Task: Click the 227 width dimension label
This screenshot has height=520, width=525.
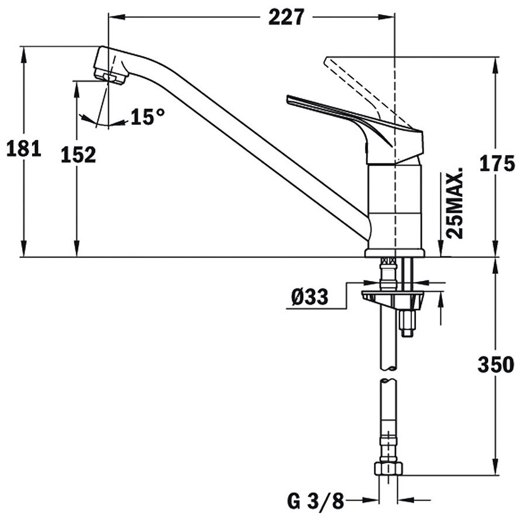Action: pyautogui.click(x=286, y=17)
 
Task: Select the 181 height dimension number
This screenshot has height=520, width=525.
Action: pyautogui.click(x=23, y=149)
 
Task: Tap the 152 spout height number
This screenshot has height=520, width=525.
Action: pyautogui.click(x=78, y=155)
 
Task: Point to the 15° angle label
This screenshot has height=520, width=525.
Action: pyautogui.click(x=146, y=117)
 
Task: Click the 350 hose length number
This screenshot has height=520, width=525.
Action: pyautogui.click(x=496, y=366)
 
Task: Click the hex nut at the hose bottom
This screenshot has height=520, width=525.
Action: pyautogui.click(x=388, y=469)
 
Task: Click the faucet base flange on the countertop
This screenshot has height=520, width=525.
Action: pyautogui.click(x=394, y=252)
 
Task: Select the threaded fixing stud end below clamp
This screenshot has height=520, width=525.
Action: pyautogui.click(x=407, y=326)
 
